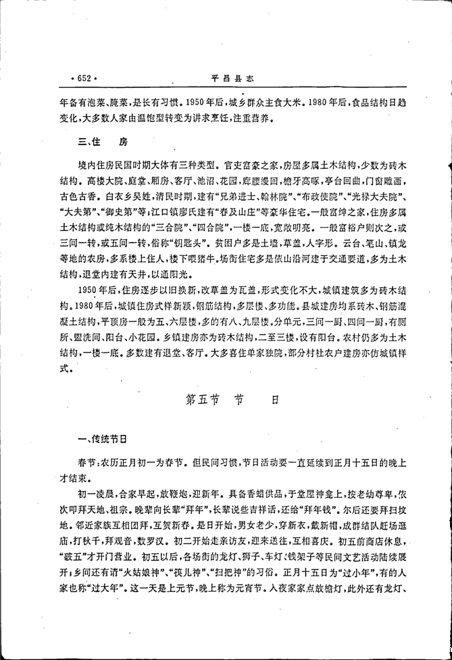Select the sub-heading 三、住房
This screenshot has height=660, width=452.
click(102, 142)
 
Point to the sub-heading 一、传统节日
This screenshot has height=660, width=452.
click(101, 439)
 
